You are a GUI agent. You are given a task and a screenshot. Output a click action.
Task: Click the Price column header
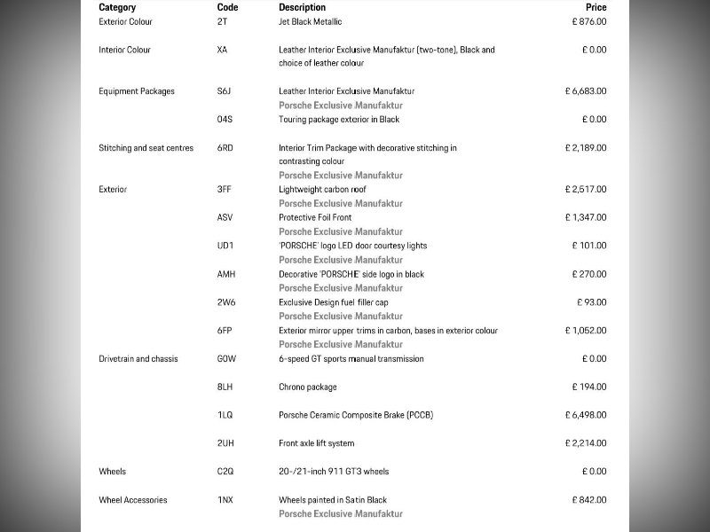[596, 7]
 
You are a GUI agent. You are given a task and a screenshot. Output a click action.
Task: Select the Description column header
[302, 7]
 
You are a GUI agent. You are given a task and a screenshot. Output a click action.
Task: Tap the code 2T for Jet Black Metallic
[222, 21]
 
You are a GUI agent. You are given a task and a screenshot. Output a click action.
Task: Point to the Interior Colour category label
[124, 50]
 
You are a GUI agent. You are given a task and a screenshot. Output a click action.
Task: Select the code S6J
[225, 91]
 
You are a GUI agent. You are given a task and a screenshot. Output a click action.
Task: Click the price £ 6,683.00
[586, 91]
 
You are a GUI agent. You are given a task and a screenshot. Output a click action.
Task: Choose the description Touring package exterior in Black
[339, 120]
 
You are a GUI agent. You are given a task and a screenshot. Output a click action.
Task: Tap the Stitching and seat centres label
[146, 148]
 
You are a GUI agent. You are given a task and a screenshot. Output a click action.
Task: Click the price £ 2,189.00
[586, 148]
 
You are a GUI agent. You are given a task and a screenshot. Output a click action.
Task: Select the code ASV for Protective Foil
[225, 217]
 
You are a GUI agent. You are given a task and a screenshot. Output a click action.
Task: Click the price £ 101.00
[589, 246]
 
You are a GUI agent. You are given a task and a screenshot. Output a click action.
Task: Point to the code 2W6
[225, 302]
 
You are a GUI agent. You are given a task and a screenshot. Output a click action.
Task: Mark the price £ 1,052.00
[586, 331]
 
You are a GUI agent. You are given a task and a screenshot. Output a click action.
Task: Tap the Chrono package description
[308, 387]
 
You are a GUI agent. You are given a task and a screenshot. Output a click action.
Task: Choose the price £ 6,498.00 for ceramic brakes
[586, 415]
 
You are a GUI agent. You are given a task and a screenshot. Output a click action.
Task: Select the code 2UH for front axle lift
[225, 443]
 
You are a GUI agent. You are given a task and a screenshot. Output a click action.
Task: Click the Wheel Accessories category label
[132, 500]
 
